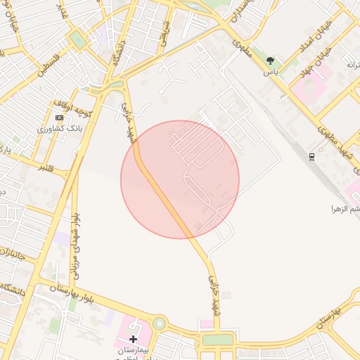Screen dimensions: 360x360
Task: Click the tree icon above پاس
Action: (271, 61)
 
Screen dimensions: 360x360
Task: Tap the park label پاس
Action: (271, 72)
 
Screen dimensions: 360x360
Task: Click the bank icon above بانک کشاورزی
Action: (59, 117)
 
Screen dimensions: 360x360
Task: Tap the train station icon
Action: (312, 155)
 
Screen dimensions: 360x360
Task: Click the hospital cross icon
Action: (133, 339)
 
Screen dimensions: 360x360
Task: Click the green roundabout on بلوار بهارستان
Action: (159, 324)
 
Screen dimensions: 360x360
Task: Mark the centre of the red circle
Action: (180, 179)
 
